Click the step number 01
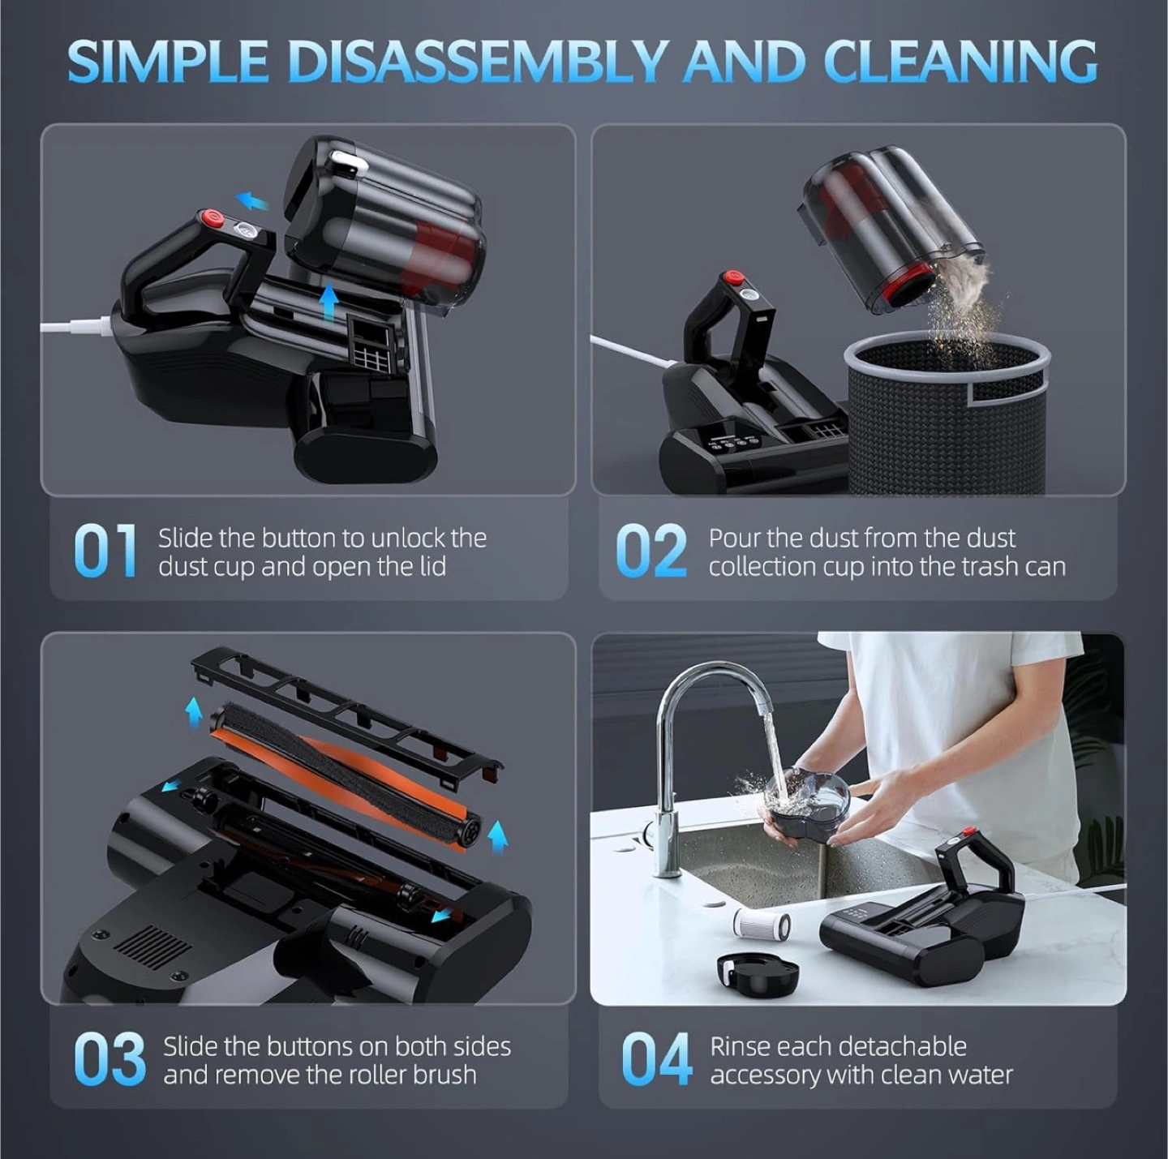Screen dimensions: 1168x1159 coord(105,551)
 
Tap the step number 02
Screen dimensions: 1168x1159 coord(651,551)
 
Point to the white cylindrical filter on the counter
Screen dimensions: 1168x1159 coord(762,925)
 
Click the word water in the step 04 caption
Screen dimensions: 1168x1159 coord(978,1075)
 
